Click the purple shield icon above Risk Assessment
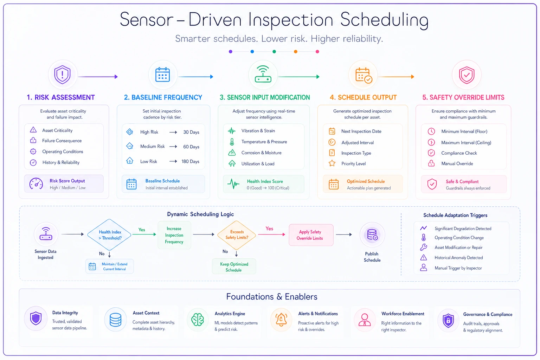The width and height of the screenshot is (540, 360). click(63, 75)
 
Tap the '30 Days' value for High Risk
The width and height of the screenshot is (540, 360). click(191, 132)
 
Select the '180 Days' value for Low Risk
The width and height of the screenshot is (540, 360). click(190, 161)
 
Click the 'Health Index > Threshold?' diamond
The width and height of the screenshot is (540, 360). click(109, 234)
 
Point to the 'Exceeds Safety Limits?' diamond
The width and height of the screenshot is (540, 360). click(237, 235)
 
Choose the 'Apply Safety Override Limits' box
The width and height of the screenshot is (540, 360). click(311, 235)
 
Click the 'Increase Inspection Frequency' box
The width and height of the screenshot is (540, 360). click(174, 235)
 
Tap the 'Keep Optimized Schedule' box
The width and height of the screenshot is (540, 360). click(234, 267)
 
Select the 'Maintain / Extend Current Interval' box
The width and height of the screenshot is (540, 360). click(109, 266)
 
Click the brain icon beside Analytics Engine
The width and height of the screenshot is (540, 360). click(198, 320)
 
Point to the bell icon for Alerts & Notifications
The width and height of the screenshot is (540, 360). click(281, 320)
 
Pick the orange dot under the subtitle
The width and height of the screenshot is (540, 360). click(296, 52)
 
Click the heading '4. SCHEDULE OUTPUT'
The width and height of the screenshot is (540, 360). click(363, 97)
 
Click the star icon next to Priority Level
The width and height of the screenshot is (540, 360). click(332, 163)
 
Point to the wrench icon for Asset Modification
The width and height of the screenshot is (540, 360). click(424, 247)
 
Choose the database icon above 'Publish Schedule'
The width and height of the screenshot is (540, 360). click(372, 234)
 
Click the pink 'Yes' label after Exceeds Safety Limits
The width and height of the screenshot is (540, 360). click(269, 229)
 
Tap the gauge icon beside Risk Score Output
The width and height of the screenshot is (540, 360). click(36, 184)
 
